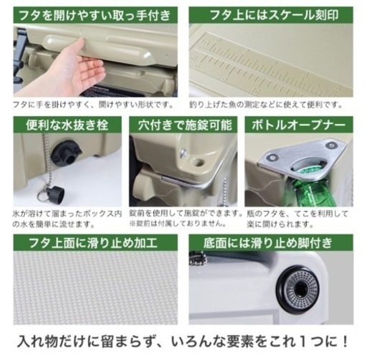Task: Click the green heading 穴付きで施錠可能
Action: coord(183,124)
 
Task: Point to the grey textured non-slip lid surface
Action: coord(93,287)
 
